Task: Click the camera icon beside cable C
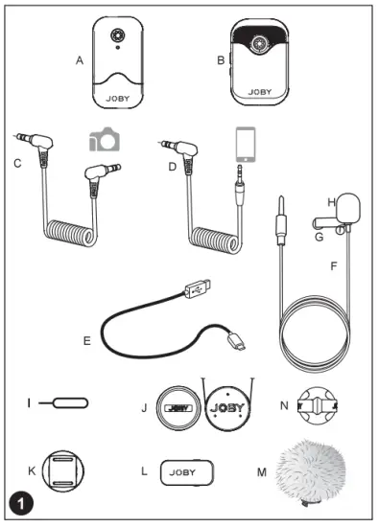coord(105,139)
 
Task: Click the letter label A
coord(79,59)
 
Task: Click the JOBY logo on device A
coord(118,97)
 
